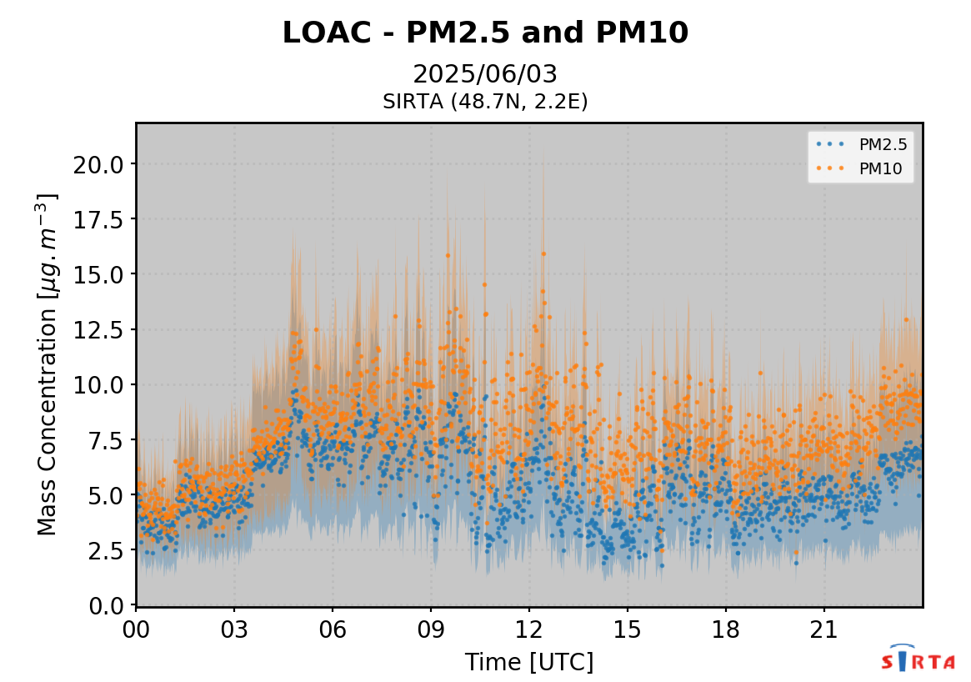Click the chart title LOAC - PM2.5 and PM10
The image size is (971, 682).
tap(485, 33)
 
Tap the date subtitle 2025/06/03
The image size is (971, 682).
tap(485, 74)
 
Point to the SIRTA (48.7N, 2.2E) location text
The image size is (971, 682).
tap(485, 102)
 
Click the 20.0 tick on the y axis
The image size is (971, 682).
tap(98, 164)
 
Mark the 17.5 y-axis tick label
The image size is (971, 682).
tap(98, 219)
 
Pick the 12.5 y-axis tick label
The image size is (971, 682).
tap(98, 330)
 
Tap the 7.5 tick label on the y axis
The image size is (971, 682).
tap(104, 440)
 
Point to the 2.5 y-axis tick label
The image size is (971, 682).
tap(104, 550)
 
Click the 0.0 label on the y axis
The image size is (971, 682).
tap(104, 605)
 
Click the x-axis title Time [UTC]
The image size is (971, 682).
tap(529, 663)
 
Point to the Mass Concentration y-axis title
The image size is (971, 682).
tap(48, 364)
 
